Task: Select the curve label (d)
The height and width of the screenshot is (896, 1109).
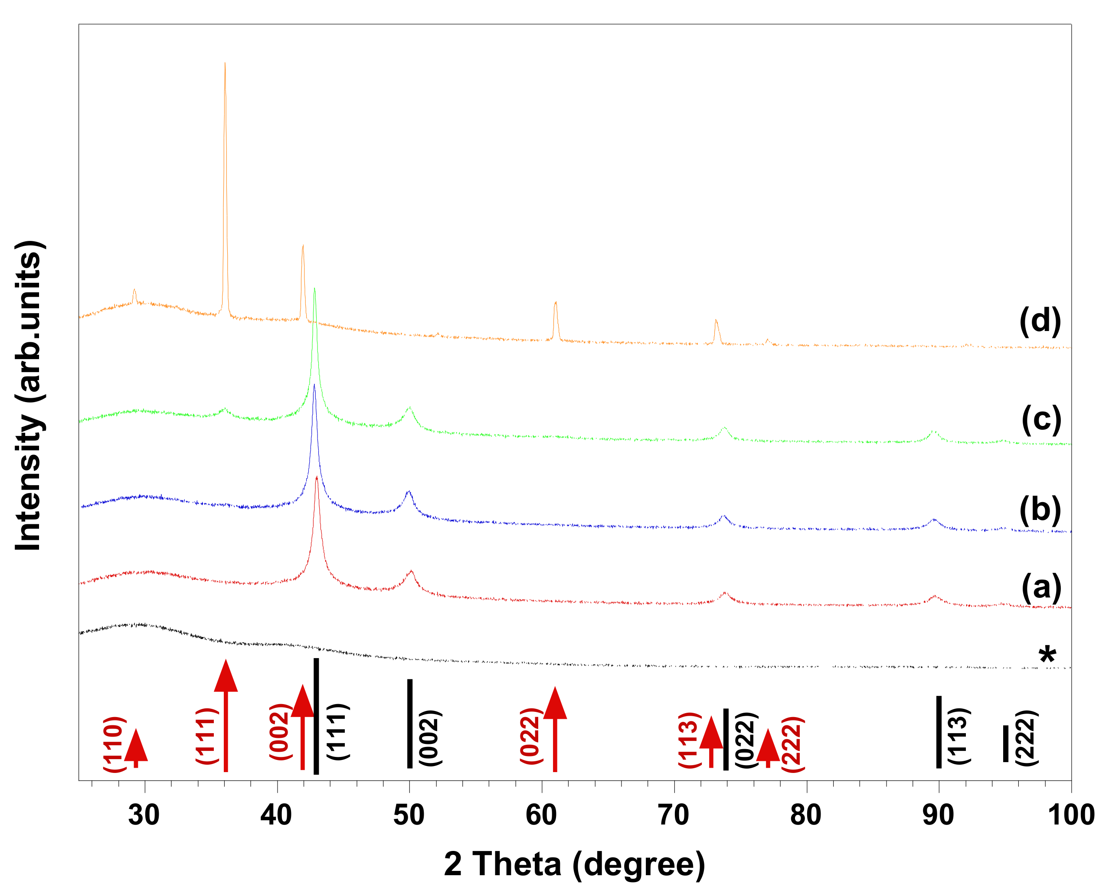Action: [1040, 321]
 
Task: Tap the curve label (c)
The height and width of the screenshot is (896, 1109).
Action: [1041, 419]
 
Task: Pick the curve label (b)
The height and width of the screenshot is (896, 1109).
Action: [1040, 510]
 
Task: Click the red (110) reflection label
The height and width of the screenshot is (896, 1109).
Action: [114, 744]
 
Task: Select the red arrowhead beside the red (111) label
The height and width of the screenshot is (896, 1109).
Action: [226, 676]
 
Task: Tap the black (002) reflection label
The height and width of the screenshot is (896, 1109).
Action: [430, 738]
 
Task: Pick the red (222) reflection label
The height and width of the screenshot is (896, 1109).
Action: [792, 744]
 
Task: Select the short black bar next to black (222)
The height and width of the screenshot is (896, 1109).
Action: [1005, 743]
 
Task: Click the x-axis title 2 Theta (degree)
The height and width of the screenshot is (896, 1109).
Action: [574, 864]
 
